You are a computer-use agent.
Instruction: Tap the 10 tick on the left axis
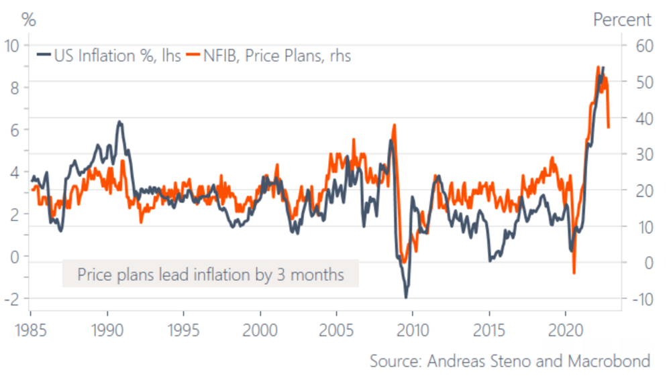[12, 46]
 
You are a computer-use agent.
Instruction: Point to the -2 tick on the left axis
[10, 298]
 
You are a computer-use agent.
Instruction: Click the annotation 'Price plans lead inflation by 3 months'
[211, 274]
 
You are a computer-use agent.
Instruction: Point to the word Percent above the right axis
[622, 20]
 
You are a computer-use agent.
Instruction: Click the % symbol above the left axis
[29, 20]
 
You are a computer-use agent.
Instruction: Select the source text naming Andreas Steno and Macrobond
[509, 361]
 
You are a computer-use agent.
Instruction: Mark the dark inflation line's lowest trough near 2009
[406, 297]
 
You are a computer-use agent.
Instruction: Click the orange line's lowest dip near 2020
[574, 273]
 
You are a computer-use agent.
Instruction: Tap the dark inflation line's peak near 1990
[119, 122]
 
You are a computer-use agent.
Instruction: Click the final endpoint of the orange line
[608, 127]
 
